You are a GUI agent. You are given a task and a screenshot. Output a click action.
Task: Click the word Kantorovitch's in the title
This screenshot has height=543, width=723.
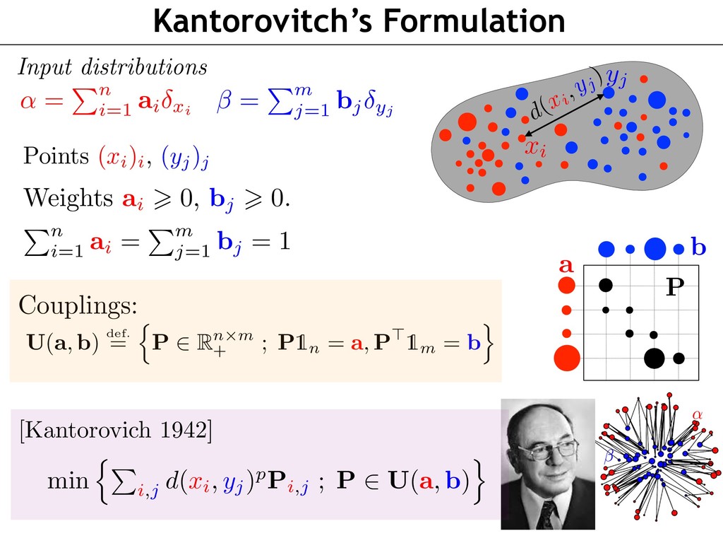(x=263, y=21)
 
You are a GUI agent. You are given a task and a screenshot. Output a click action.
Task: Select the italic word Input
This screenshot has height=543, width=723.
(x=44, y=67)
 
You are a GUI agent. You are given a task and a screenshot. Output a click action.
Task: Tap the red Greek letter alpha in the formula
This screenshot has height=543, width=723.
(x=28, y=100)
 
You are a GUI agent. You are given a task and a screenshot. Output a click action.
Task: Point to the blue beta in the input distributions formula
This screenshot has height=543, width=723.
(x=224, y=100)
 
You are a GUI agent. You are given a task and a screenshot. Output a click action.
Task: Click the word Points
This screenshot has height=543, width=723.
(x=56, y=156)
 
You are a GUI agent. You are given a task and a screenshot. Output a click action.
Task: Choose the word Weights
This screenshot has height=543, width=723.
(x=68, y=198)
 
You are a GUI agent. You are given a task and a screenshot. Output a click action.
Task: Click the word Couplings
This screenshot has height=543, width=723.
(x=78, y=305)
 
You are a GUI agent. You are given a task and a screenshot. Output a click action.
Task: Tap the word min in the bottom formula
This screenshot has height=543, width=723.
(x=68, y=480)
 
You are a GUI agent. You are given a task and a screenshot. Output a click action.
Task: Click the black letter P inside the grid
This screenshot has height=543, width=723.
(x=675, y=287)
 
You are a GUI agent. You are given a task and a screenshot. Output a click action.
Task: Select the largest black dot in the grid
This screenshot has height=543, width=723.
(x=654, y=358)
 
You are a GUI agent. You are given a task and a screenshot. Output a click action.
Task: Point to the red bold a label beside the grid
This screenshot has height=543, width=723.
(x=566, y=266)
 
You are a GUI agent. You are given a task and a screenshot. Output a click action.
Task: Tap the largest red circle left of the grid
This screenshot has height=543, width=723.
(x=567, y=358)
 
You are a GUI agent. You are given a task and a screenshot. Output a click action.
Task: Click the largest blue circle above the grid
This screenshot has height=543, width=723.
(x=655, y=249)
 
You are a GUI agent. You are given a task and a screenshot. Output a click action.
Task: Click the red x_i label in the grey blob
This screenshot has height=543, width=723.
(x=536, y=148)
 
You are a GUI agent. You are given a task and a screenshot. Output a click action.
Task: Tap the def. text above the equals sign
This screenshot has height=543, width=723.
(x=118, y=333)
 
